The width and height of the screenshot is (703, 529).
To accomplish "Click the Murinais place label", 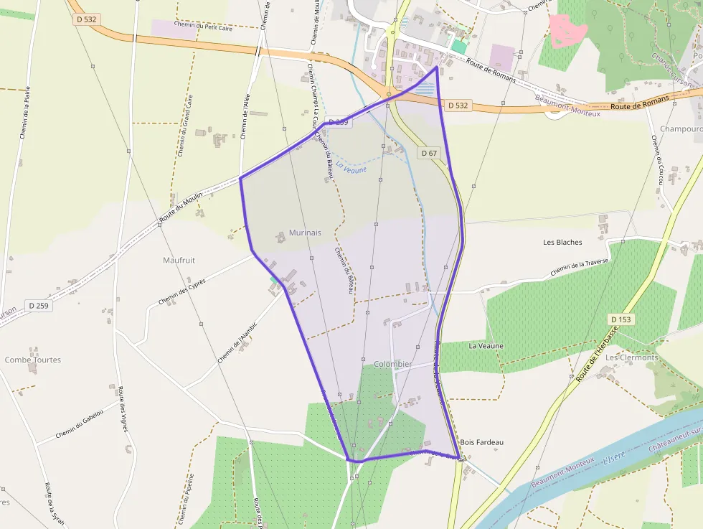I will click(305, 233).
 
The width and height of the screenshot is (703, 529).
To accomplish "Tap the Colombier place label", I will click(393, 364).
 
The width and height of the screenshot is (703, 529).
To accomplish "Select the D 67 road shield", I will click(429, 153).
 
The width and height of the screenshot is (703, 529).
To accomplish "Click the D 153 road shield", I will click(621, 319).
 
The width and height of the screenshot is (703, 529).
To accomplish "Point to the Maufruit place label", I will click(179, 260).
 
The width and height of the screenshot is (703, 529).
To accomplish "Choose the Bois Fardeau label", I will click(482, 442).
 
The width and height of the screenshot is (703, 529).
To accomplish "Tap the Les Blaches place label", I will click(563, 242).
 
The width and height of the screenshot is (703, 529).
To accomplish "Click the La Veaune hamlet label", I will click(486, 345).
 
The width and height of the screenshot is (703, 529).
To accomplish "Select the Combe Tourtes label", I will click(33, 360).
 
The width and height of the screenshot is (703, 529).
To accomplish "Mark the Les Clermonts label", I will click(631, 357).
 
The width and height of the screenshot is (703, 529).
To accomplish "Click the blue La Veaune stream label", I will click(351, 169).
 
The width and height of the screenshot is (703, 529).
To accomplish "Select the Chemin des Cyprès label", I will click(182, 291).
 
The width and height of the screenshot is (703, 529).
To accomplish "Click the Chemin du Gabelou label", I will click(80, 423).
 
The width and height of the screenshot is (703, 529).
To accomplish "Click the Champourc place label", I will click(680, 129).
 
